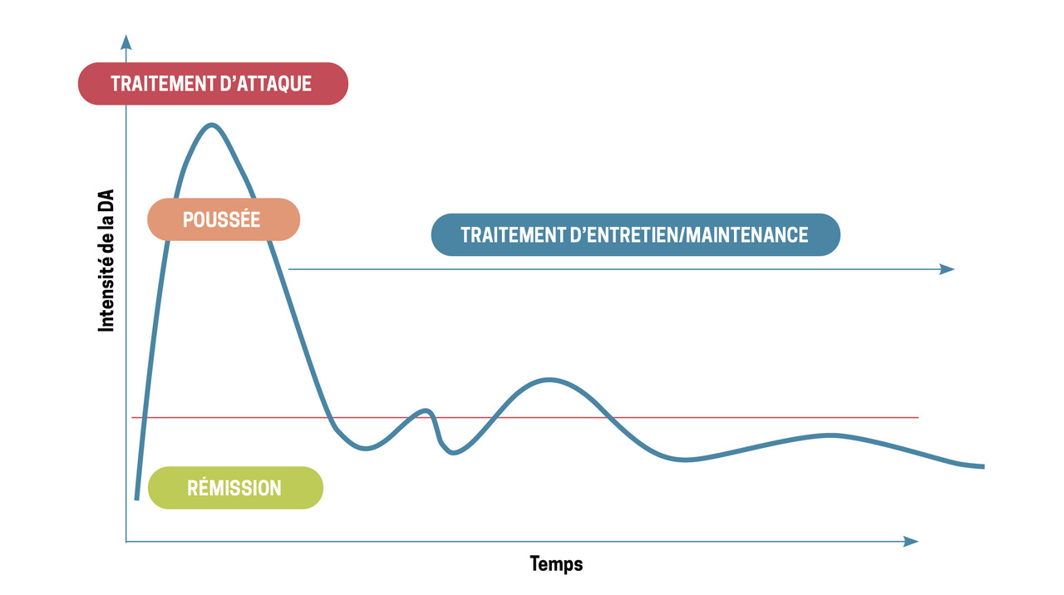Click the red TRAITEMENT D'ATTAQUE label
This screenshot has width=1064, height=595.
click(212, 84)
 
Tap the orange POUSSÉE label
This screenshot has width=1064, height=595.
click(222, 219)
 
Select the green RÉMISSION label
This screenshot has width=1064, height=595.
click(234, 488)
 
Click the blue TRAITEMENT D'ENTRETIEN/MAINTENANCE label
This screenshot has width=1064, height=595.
click(635, 235)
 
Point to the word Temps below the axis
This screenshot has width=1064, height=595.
click(556, 564)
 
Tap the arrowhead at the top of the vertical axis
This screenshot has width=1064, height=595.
click(126, 41)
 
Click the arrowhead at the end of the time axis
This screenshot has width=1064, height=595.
click(912, 542)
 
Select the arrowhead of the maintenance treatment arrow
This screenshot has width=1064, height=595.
click(948, 269)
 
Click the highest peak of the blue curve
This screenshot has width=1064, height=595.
click(212, 125)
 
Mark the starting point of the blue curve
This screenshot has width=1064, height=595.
click(136, 499)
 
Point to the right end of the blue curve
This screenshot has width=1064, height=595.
click(983, 466)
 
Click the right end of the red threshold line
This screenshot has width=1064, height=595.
click(918, 417)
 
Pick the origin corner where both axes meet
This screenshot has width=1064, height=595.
click(126, 542)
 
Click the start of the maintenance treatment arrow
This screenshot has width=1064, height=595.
click(289, 269)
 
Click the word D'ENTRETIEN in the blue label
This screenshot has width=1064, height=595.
click(618, 235)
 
